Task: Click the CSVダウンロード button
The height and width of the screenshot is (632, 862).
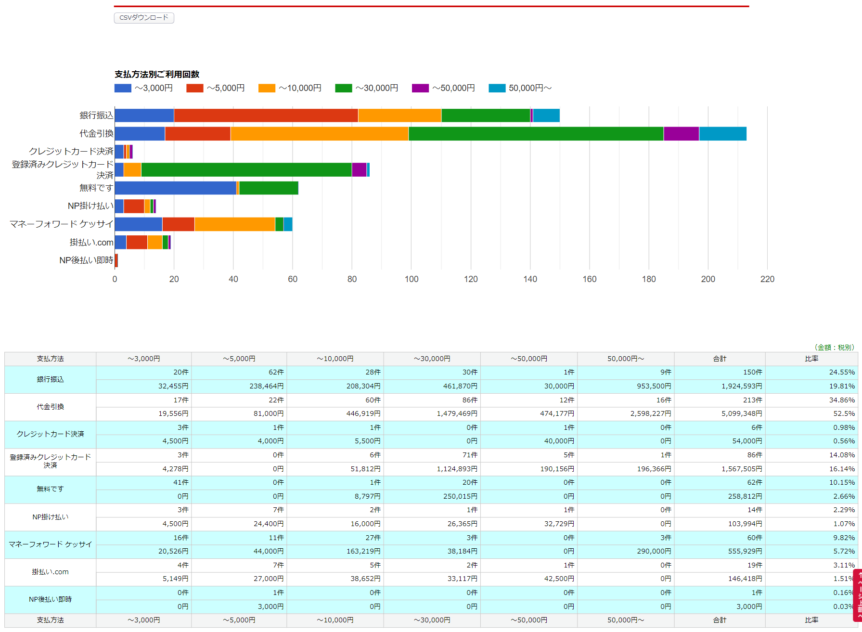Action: [x=144, y=18]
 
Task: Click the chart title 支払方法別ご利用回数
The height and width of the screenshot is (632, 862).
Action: [x=157, y=74]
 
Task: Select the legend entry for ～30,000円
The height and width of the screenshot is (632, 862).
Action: [x=367, y=88]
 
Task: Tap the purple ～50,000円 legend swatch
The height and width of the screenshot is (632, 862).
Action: [x=420, y=88]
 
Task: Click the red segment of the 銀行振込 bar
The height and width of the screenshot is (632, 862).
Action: [x=266, y=116]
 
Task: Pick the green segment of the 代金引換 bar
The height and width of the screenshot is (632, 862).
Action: [x=536, y=134]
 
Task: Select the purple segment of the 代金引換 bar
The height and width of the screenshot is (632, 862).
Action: [x=681, y=134]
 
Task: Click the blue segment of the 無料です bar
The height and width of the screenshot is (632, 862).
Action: [x=176, y=188]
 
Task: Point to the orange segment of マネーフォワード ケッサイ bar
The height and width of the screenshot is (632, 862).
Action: [x=235, y=224]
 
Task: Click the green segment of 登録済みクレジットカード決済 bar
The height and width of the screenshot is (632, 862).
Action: [x=246, y=170]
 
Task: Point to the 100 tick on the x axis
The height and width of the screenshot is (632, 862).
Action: [x=412, y=279]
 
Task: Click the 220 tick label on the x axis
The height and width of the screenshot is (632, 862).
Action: [x=767, y=279]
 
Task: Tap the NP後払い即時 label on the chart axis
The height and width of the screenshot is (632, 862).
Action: [x=86, y=260]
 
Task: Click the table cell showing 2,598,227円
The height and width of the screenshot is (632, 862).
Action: [x=651, y=413]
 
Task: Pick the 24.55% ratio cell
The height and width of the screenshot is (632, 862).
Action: [x=842, y=372]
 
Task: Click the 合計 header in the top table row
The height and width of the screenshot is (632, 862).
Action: [x=720, y=359]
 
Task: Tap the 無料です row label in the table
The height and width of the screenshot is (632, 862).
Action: [x=50, y=489]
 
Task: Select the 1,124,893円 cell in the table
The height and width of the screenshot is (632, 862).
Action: [x=457, y=469]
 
